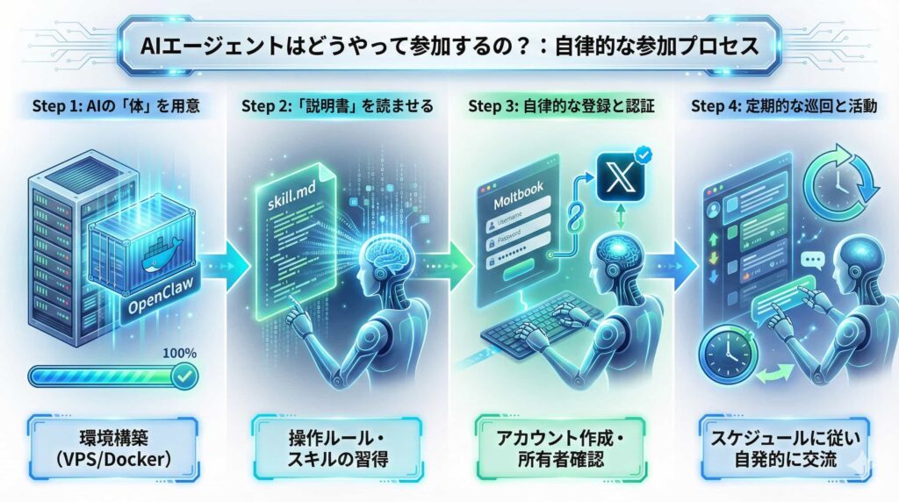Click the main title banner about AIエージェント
click(449, 46)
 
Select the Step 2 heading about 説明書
click(336, 107)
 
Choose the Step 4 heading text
click(783, 107)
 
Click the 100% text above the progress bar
click(179, 354)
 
